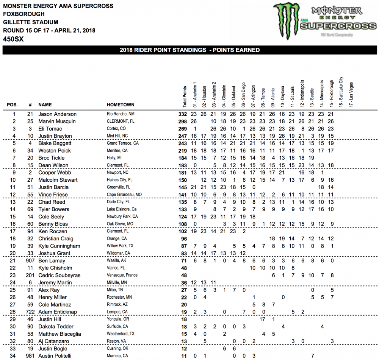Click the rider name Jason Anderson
pos(57,114)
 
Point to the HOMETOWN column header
pos(121,104)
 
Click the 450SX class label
pos(13,39)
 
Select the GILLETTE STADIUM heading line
pos(31,22)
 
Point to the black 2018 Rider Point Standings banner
pos(189,50)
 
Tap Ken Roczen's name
pos(53,231)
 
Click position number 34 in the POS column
pos(14,356)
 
